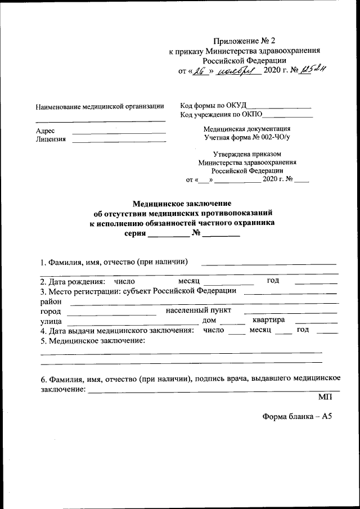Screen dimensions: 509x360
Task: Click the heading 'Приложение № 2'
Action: [245, 40]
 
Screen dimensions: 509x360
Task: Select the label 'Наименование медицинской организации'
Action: [100, 106]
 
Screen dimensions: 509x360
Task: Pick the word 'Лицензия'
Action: [50, 139]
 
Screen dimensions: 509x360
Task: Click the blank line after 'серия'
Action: [168, 236]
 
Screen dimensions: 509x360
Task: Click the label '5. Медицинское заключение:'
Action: [93, 341]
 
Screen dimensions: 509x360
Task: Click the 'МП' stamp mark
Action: [325, 397]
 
